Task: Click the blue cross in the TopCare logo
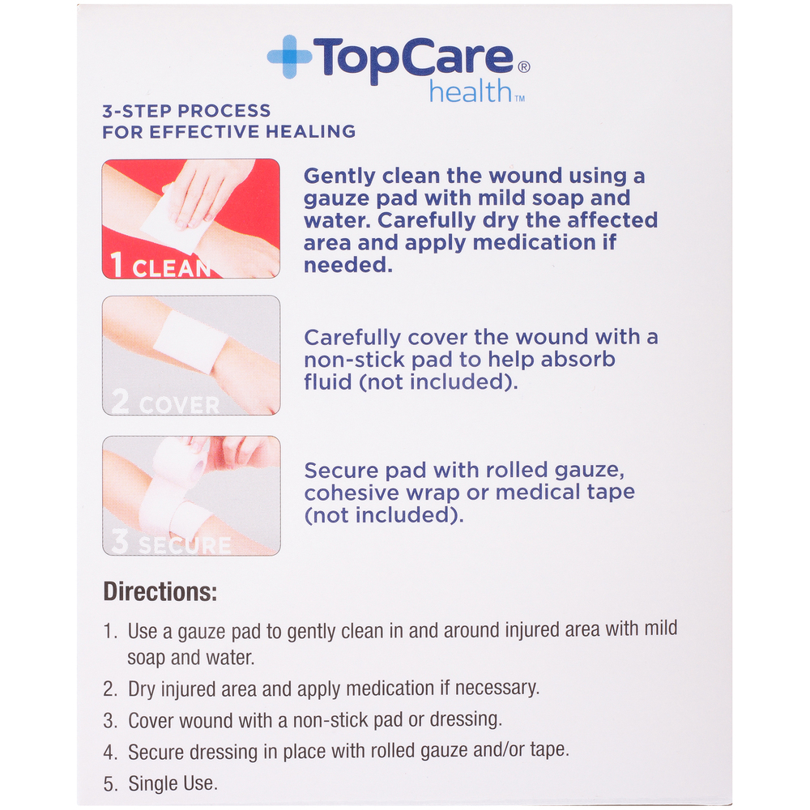point(289,57)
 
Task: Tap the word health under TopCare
point(470,92)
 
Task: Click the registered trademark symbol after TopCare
point(523,68)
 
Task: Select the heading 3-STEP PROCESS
point(186,111)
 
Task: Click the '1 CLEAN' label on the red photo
point(160,266)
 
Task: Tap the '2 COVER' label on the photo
point(165,403)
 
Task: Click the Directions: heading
point(160,592)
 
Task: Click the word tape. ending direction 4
point(548,750)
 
